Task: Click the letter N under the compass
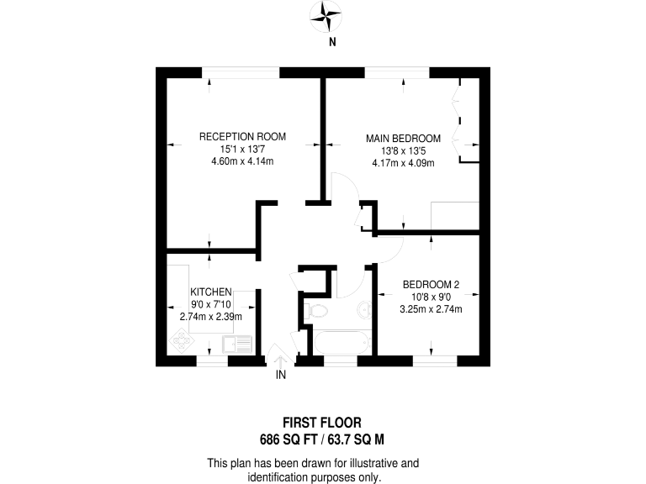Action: (x=333, y=41)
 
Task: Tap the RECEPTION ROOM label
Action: (x=242, y=136)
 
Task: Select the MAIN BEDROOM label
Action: (x=403, y=138)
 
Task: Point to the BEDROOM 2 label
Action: (x=431, y=284)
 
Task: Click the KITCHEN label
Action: (x=210, y=292)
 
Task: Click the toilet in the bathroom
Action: (x=317, y=313)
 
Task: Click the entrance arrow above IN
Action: (x=280, y=356)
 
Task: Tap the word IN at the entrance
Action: (x=281, y=376)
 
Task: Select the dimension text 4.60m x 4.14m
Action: (x=242, y=161)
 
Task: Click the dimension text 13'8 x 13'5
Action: (x=403, y=150)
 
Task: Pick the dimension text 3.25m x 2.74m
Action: (x=431, y=308)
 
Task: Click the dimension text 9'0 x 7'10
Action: (x=210, y=304)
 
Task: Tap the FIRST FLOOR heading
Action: (x=322, y=423)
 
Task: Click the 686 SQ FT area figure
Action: (x=290, y=439)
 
